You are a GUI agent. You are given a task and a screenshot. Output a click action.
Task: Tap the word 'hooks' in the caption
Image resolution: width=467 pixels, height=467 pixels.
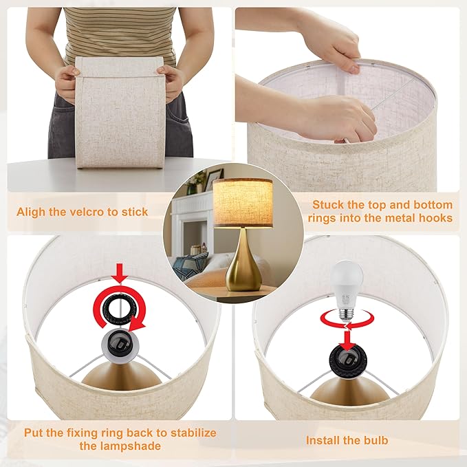436,219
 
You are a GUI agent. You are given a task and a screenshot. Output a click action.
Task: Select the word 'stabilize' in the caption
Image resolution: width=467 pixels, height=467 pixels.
187,433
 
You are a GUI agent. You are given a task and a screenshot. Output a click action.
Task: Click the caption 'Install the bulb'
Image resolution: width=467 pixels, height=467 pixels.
347,439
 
